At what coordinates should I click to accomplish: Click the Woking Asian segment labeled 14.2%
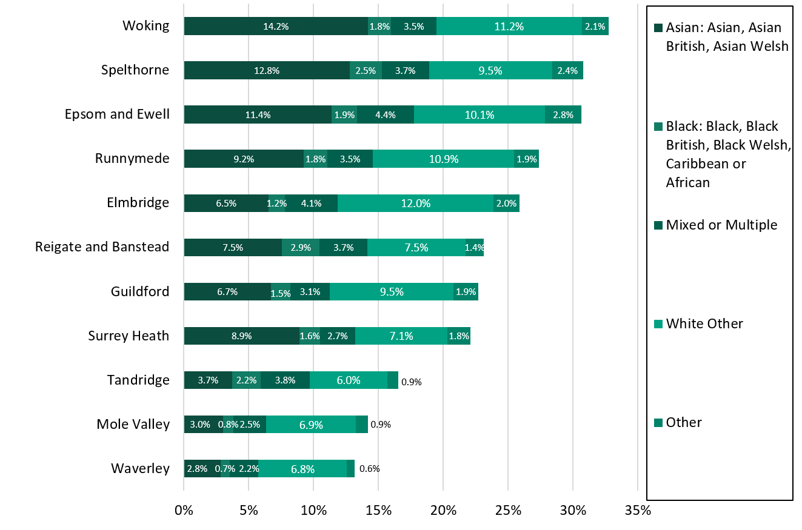click(x=276, y=26)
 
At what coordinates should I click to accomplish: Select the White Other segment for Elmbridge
click(x=415, y=204)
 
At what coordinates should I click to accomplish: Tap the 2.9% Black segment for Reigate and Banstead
click(x=301, y=247)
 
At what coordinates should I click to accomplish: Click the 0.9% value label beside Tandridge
click(x=411, y=382)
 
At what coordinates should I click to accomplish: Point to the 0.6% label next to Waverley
click(x=369, y=468)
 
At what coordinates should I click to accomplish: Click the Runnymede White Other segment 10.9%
click(x=443, y=159)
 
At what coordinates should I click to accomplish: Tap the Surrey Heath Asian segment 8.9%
click(x=241, y=336)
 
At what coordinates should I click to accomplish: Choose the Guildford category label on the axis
click(x=139, y=291)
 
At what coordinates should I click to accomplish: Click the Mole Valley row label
click(x=133, y=424)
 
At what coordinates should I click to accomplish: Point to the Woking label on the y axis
click(x=145, y=25)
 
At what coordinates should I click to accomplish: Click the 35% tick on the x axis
click(x=637, y=510)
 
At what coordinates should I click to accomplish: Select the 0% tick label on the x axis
click(x=184, y=510)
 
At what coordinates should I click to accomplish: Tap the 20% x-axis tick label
click(x=443, y=510)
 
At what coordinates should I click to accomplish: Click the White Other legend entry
click(x=704, y=323)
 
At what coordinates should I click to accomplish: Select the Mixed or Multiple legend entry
click(x=721, y=225)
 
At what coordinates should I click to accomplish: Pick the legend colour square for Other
click(x=658, y=423)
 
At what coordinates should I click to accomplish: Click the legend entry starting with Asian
click(x=726, y=36)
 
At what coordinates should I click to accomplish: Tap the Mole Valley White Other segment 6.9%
click(x=310, y=424)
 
